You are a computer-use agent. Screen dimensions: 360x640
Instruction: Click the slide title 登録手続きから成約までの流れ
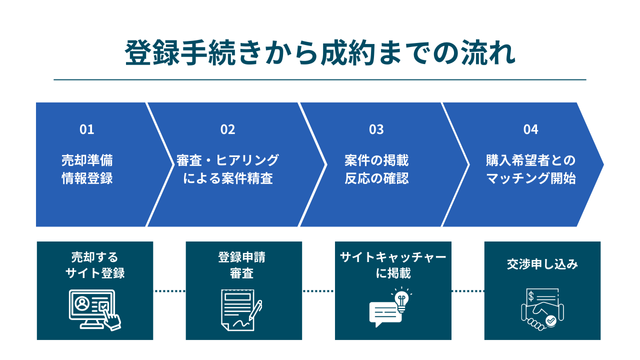320,53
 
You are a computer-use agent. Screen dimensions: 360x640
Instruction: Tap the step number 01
87,130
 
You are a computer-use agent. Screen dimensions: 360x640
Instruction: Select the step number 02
228,130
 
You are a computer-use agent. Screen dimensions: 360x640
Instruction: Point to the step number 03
376,130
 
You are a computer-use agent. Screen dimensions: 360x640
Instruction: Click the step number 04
530,130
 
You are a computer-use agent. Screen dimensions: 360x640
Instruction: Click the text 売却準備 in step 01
87,160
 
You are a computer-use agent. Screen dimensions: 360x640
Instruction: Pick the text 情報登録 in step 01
87,179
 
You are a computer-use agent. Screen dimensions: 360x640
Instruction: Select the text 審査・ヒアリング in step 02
228,160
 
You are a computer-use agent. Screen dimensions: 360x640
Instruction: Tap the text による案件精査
228,179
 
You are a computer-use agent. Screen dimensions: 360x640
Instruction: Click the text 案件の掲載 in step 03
376,160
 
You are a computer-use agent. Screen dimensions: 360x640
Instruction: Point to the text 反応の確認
376,179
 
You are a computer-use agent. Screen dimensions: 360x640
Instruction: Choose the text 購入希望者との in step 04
530,160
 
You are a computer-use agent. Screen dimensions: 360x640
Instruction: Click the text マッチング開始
530,179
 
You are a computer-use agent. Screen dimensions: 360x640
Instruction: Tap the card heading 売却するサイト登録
95,264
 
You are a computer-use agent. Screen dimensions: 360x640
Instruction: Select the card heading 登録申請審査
243,264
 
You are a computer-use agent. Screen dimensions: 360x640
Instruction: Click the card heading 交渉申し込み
542,265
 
